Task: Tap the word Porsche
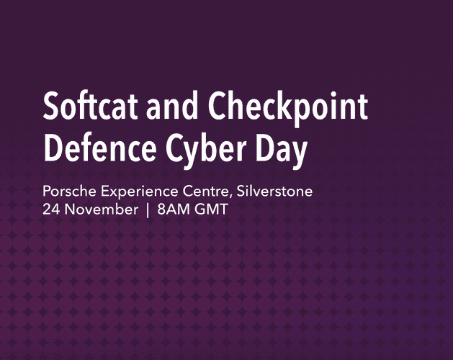tap(67, 193)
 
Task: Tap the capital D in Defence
tap(53, 150)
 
